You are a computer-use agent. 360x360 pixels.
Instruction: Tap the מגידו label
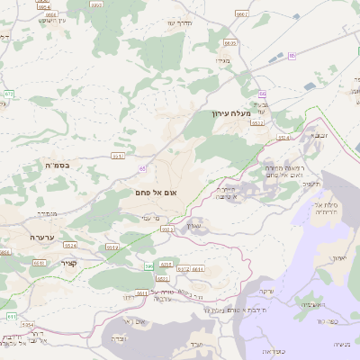pos(225,60)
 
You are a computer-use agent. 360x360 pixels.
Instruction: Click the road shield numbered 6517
pos(118,156)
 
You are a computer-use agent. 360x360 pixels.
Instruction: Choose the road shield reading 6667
pos(242,14)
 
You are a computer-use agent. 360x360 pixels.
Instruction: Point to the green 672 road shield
pos(9,94)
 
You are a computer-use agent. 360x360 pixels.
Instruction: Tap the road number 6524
pos(72,245)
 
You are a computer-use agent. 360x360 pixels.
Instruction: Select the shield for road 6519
pos(112,247)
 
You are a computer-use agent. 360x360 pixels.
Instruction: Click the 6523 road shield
pos(166,229)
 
